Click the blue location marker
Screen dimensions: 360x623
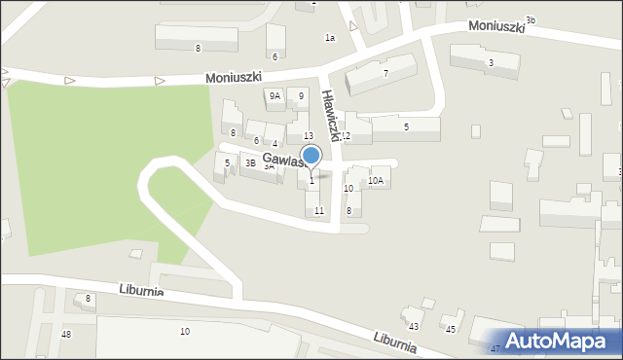coord(311,156)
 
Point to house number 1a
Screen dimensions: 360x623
coord(330,38)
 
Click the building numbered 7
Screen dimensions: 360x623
coord(385,73)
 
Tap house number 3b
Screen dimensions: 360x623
coord(530,19)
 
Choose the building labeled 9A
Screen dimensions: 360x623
coord(275,95)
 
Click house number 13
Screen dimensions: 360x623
coord(308,135)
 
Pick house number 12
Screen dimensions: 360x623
coord(345,136)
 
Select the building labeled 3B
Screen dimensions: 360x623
coord(250,163)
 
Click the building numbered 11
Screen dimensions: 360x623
coord(318,210)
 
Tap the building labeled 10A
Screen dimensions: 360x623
coord(375,181)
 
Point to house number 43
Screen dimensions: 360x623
coord(413,326)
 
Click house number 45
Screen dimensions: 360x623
coord(451,330)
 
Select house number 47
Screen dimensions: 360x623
coord(495,348)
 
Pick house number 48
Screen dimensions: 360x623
coord(66,335)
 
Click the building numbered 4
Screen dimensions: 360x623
coord(275,143)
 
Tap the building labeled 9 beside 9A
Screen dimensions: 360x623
coord(301,95)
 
